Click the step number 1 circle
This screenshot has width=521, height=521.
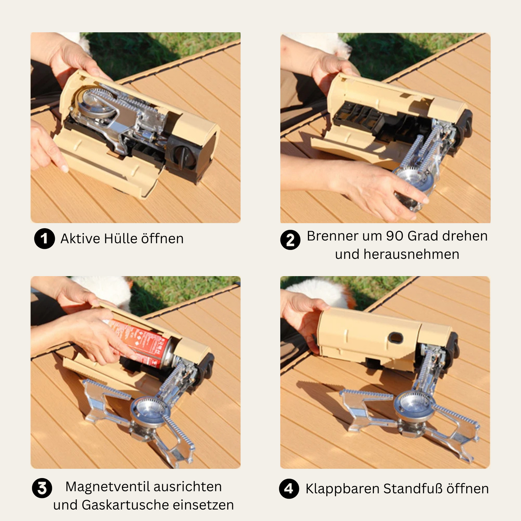pyautogui.click(x=44, y=239)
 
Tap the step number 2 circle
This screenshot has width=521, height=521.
pyautogui.click(x=290, y=240)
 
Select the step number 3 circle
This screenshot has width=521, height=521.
pyautogui.click(x=42, y=488)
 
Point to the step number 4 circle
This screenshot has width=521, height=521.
pyautogui.click(x=289, y=489)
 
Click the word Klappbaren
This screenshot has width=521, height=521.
pyautogui.click(x=342, y=489)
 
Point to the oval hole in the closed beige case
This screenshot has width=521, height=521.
pyautogui.click(x=396, y=338)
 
